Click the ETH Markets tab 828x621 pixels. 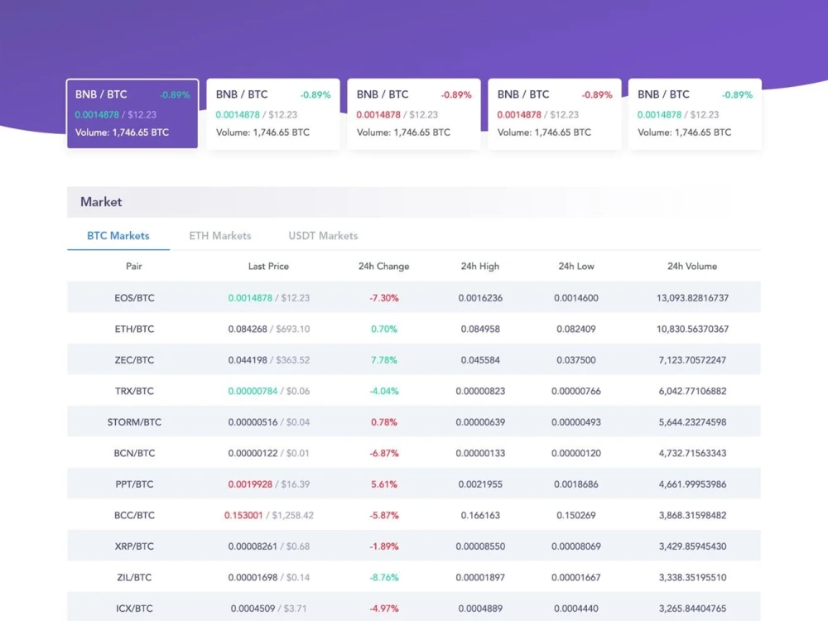(219, 235)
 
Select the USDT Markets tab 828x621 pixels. (323, 235)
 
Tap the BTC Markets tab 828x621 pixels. (118, 235)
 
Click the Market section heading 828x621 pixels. (101, 202)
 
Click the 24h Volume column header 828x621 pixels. (692, 266)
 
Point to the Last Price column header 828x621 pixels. (268, 266)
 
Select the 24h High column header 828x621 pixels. (480, 266)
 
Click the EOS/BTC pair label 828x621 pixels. (135, 298)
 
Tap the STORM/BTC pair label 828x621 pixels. (134, 422)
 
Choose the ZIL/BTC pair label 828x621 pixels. (134, 577)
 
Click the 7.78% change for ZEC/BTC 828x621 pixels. (384, 360)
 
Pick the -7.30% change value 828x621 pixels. (384, 298)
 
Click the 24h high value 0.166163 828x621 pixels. (480, 515)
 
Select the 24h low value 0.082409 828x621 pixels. (576, 329)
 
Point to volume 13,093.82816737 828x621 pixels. (692, 298)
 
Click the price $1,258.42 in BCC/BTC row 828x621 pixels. (292, 515)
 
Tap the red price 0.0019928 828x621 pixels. (250, 484)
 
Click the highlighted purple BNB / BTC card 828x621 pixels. (132, 113)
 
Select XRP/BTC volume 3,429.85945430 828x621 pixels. (692, 546)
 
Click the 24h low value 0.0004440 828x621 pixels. (576, 609)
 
